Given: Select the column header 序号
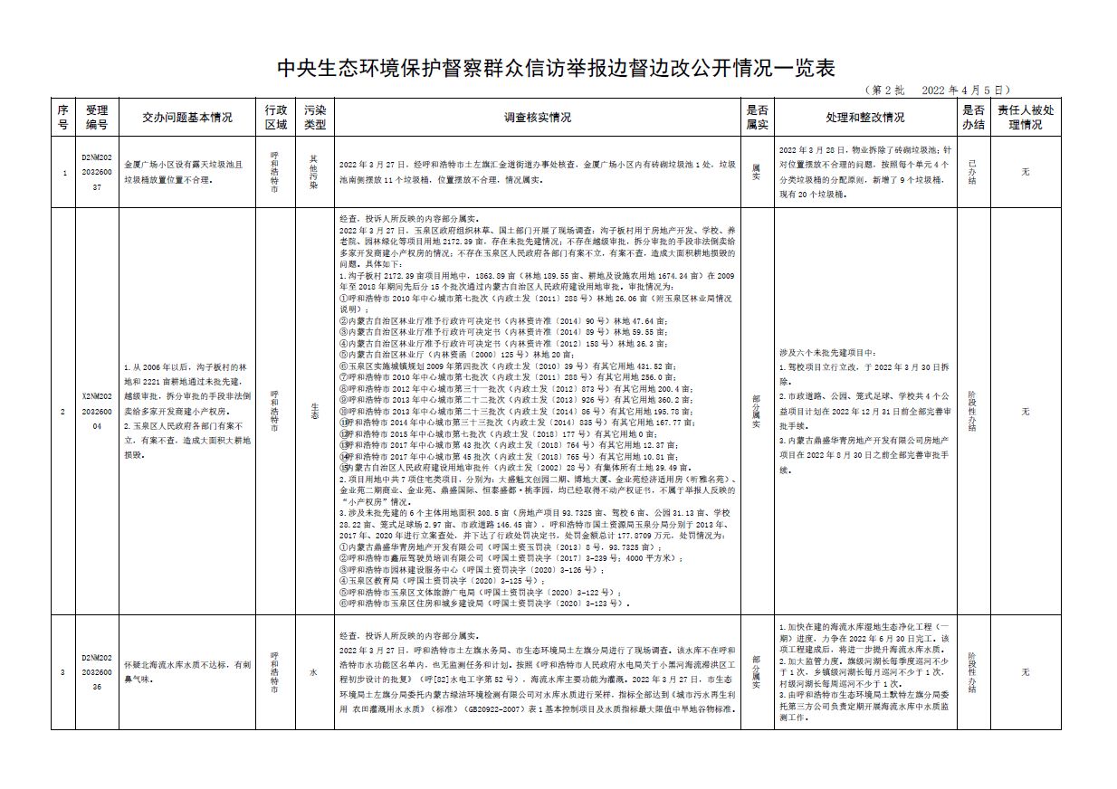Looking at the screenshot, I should [62, 117].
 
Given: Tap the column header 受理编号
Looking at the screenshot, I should [97, 117].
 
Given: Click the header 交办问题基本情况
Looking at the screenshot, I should [187, 117].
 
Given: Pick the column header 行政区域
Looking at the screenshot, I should [275, 117].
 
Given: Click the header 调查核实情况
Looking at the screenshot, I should [538, 117].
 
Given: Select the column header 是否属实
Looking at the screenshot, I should [757, 117].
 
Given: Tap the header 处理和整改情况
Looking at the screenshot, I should [864, 117].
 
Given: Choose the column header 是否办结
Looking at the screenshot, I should [972, 117].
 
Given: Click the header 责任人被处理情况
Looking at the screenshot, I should [1025, 117].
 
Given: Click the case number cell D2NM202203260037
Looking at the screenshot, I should [97, 172].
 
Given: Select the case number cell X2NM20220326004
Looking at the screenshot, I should [97, 411].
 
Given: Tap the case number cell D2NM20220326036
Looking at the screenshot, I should [97, 672].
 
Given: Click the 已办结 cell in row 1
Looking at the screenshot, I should [972, 172].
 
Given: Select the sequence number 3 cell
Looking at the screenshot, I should [62, 672].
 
